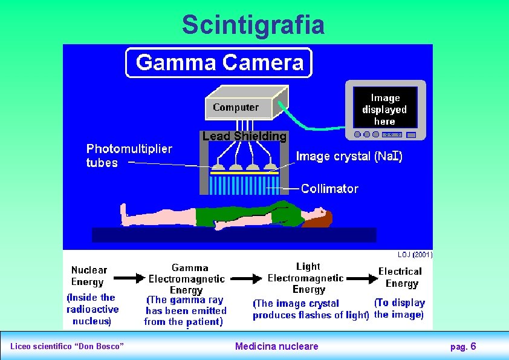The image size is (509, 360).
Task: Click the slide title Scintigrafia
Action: [253, 25]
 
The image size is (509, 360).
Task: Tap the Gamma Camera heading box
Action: [219, 63]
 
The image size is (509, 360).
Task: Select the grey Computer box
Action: [236, 108]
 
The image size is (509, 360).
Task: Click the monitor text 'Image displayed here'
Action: [384, 110]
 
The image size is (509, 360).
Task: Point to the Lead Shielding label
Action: [244, 136]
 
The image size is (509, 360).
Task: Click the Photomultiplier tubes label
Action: [129, 155]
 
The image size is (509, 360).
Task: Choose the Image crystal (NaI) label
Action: [349, 156]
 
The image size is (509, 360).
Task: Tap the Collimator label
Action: [329, 189]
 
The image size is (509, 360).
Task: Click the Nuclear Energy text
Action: [89, 276]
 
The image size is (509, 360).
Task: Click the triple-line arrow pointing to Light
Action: [246, 279]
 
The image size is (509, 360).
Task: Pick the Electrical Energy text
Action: [400, 277]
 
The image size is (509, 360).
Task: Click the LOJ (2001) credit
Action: [415, 255]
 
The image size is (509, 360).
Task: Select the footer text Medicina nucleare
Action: [276, 346]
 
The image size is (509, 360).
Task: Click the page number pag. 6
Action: [463, 346]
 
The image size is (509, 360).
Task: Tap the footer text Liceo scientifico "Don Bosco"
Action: [67, 346]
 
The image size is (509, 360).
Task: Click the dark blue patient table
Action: [234, 235]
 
